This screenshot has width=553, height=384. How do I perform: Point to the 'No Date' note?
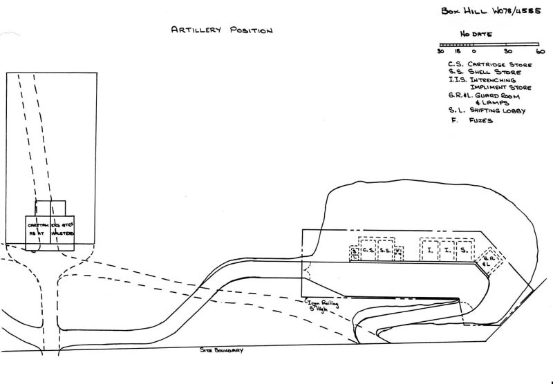[476, 33]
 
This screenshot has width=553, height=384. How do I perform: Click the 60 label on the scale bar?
[540, 51]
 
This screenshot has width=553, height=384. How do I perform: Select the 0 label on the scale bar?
[474, 51]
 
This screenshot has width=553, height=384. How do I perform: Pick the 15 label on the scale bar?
[458, 51]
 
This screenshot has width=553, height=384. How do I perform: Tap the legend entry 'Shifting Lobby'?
[496, 110]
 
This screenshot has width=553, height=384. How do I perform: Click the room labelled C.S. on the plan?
[368, 250]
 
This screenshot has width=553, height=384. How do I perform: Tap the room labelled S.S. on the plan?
[386, 250]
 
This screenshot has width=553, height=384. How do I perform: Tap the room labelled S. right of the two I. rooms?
[465, 250]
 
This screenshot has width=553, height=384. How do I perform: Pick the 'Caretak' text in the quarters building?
[38, 225]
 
